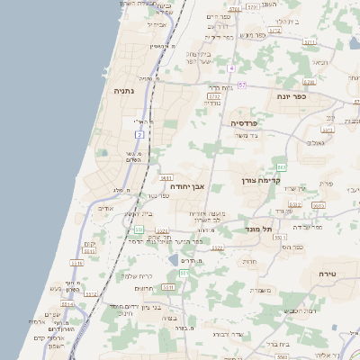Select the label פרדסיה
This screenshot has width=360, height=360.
pos(245,122)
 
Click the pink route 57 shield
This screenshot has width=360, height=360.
pos(242,85)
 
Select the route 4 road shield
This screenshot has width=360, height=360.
pos(231,68)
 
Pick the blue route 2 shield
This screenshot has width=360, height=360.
pos(139,134)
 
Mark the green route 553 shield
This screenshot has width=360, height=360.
pos(282,167)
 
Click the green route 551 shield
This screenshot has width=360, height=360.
pos(139,230)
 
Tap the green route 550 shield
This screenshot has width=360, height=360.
pos(183,273)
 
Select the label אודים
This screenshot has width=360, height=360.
pos(105,208)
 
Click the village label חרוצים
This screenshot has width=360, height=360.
pos(145,288)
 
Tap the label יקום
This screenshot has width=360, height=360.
pos(89,244)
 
